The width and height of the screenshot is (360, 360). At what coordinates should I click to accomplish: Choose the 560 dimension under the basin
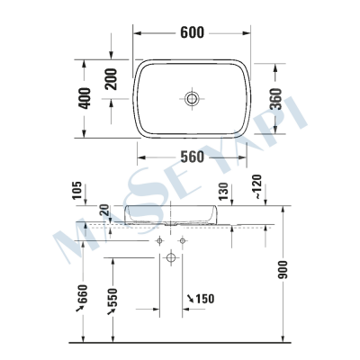(x=191, y=154)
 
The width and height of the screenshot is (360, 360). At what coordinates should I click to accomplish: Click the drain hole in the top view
(x=191, y=97)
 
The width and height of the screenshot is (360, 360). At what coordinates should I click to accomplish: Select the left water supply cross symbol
(x=159, y=241)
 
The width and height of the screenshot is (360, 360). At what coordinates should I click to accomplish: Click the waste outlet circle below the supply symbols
(x=170, y=259)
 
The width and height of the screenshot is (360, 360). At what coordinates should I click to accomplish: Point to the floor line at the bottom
(x=180, y=344)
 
